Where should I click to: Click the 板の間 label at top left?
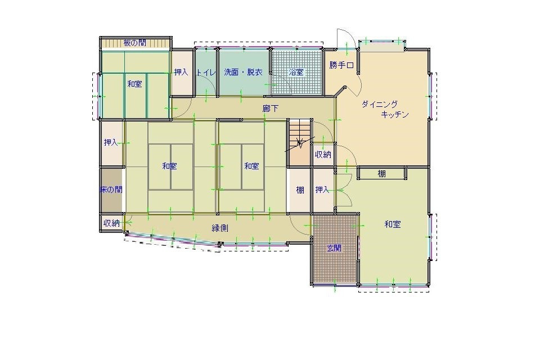click(135, 43)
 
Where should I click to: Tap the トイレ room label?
click(205, 73)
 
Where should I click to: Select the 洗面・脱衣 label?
click(243, 72)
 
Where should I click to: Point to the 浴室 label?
click(296, 73)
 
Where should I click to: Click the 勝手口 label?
click(341, 65)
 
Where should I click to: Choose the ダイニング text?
click(380, 104)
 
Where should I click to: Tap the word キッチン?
click(394, 114)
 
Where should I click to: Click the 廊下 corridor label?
click(271, 108)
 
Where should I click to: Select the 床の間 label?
click(111, 190)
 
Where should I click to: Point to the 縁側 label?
click(219, 228)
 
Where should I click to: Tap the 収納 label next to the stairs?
click(322, 155)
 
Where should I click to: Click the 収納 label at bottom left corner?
click(111, 223)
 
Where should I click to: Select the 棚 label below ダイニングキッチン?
click(382, 174)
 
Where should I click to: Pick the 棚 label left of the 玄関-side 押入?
click(300, 190)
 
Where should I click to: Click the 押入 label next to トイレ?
click(181, 72)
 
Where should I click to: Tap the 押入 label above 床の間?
click(111, 143)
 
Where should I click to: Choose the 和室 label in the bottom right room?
click(393, 224)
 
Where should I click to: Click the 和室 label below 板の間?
click(134, 84)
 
